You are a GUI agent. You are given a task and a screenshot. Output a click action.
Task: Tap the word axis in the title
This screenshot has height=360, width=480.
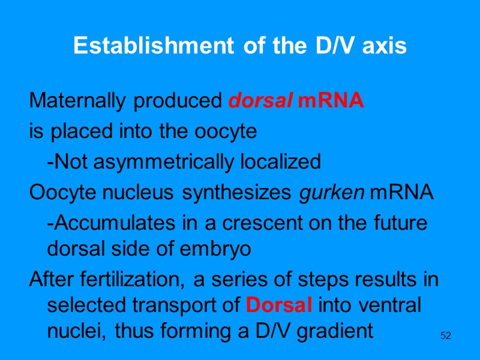[385, 46]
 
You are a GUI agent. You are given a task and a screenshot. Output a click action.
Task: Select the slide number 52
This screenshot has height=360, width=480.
[445, 335]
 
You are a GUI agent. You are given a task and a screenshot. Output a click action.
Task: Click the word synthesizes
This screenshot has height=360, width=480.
[237, 193]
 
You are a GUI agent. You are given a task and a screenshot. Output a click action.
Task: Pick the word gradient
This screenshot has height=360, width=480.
[338, 331]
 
